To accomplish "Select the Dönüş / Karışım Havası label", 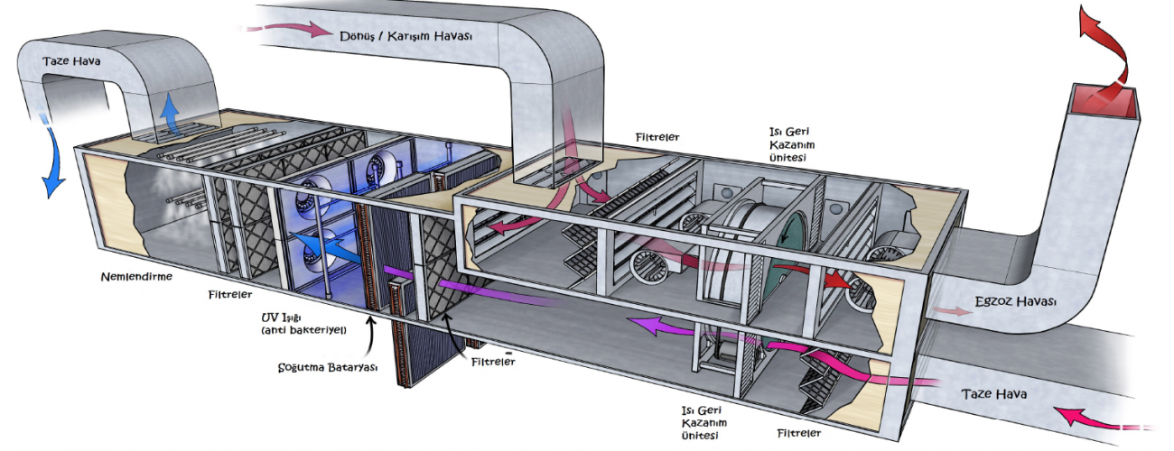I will click(x=405, y=35).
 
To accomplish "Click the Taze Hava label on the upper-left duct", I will click(x=71, y=60).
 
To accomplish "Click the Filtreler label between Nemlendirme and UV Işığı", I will click(x=229, y=294).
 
